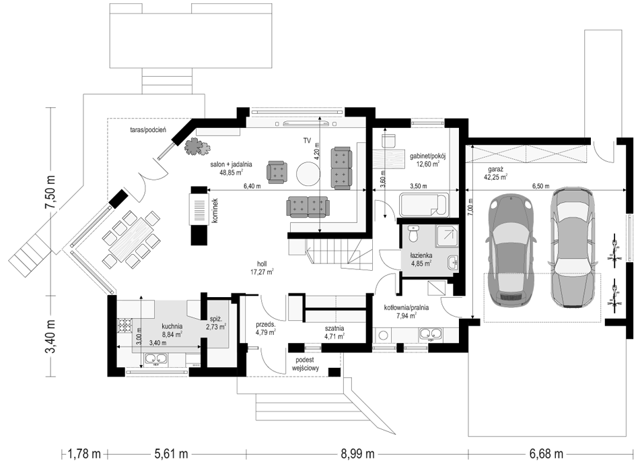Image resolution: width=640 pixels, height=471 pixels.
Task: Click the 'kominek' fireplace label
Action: click(215, 211)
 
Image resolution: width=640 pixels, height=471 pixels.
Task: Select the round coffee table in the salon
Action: click(308, 174)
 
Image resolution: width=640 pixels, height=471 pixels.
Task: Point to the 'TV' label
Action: click(307, 141)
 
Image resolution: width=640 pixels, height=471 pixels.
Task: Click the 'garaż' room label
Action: click(496, 170)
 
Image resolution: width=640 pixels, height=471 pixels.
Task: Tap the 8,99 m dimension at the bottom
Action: click(357, 453)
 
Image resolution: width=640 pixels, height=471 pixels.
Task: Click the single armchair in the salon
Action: click(277, 170)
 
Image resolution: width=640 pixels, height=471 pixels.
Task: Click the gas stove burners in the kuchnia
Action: click(125, 325)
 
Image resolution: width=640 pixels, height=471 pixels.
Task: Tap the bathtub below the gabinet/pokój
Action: click(423, 206)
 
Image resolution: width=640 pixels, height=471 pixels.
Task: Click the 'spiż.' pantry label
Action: click(215, 319)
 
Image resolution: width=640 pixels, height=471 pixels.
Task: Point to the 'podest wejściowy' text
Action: click(306, 364)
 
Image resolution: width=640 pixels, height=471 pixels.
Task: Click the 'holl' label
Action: click(262, 263)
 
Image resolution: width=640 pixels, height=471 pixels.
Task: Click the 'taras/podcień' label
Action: click(146, 130)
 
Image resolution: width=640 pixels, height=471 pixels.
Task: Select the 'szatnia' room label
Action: click(334, 328)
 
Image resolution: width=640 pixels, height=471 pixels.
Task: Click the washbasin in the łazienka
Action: click(452, 262)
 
